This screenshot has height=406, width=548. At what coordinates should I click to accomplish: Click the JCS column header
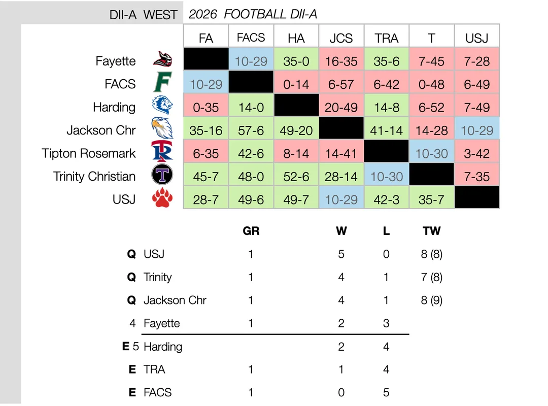coord(341,38)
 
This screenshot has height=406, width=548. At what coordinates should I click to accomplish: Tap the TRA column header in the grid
coord(386,38)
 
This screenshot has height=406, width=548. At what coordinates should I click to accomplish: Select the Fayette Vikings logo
coord(162,59)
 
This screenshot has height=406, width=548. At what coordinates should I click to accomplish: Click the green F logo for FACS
coord(162,82)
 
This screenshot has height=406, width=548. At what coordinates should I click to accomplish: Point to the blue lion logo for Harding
coord(162,105)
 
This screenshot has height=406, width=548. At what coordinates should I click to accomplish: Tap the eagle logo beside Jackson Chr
coord(162,128)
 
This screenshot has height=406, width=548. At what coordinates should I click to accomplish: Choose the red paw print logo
coord(162,197)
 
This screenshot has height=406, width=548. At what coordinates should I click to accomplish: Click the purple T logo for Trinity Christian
coord(162,175)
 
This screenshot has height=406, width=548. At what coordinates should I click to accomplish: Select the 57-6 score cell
coord(251,130)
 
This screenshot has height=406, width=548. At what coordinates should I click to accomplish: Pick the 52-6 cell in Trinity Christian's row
coord(296,177)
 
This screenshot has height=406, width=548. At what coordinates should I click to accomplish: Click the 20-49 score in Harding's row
coord(341,108)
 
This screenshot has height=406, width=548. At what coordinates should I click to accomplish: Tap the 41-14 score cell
coord(386,130)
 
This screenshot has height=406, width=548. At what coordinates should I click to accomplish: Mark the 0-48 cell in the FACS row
coord(431,84)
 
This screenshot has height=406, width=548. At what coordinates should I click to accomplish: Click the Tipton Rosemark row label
coord(88,153)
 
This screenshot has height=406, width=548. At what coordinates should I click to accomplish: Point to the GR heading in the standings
coord(251,231)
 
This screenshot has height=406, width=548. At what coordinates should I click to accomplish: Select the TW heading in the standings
coord(432,231)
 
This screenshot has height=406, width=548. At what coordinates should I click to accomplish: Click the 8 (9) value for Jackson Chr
coord(432,300)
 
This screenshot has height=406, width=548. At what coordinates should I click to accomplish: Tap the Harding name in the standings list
coord(163,347)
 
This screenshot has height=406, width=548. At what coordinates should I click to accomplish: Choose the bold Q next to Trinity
coord(131,277)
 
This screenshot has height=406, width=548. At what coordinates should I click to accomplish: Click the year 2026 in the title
coord(202,14)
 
